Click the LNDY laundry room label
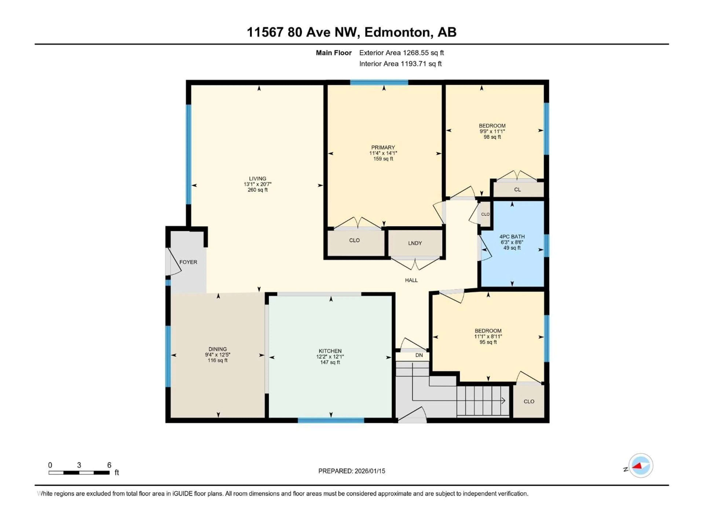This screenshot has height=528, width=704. click(x=415, y=243)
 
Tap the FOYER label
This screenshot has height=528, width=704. click(x=188, y=262)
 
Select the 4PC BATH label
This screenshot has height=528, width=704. click(x=512, y=236)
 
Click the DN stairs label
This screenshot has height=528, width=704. click(x=419, y=355)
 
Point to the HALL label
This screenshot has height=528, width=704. click(x=411, y=280)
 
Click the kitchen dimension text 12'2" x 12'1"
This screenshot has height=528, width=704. click(x=330, y=357)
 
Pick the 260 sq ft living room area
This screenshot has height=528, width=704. click(x=257, y=190)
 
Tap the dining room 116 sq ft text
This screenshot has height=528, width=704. click(x=218, y=360)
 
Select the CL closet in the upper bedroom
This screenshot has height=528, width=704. click(x=517, y=189)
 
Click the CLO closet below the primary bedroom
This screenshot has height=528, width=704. click(x=354, y=240)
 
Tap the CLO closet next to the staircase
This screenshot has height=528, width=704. click(x=529, y=401)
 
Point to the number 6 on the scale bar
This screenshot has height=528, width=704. click(x=109, y=465)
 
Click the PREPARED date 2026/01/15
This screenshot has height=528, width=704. click(x=369, y=471)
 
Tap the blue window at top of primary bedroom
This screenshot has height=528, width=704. click(x=379, y=82)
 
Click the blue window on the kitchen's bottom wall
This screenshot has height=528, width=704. click(x=331, y=420)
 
